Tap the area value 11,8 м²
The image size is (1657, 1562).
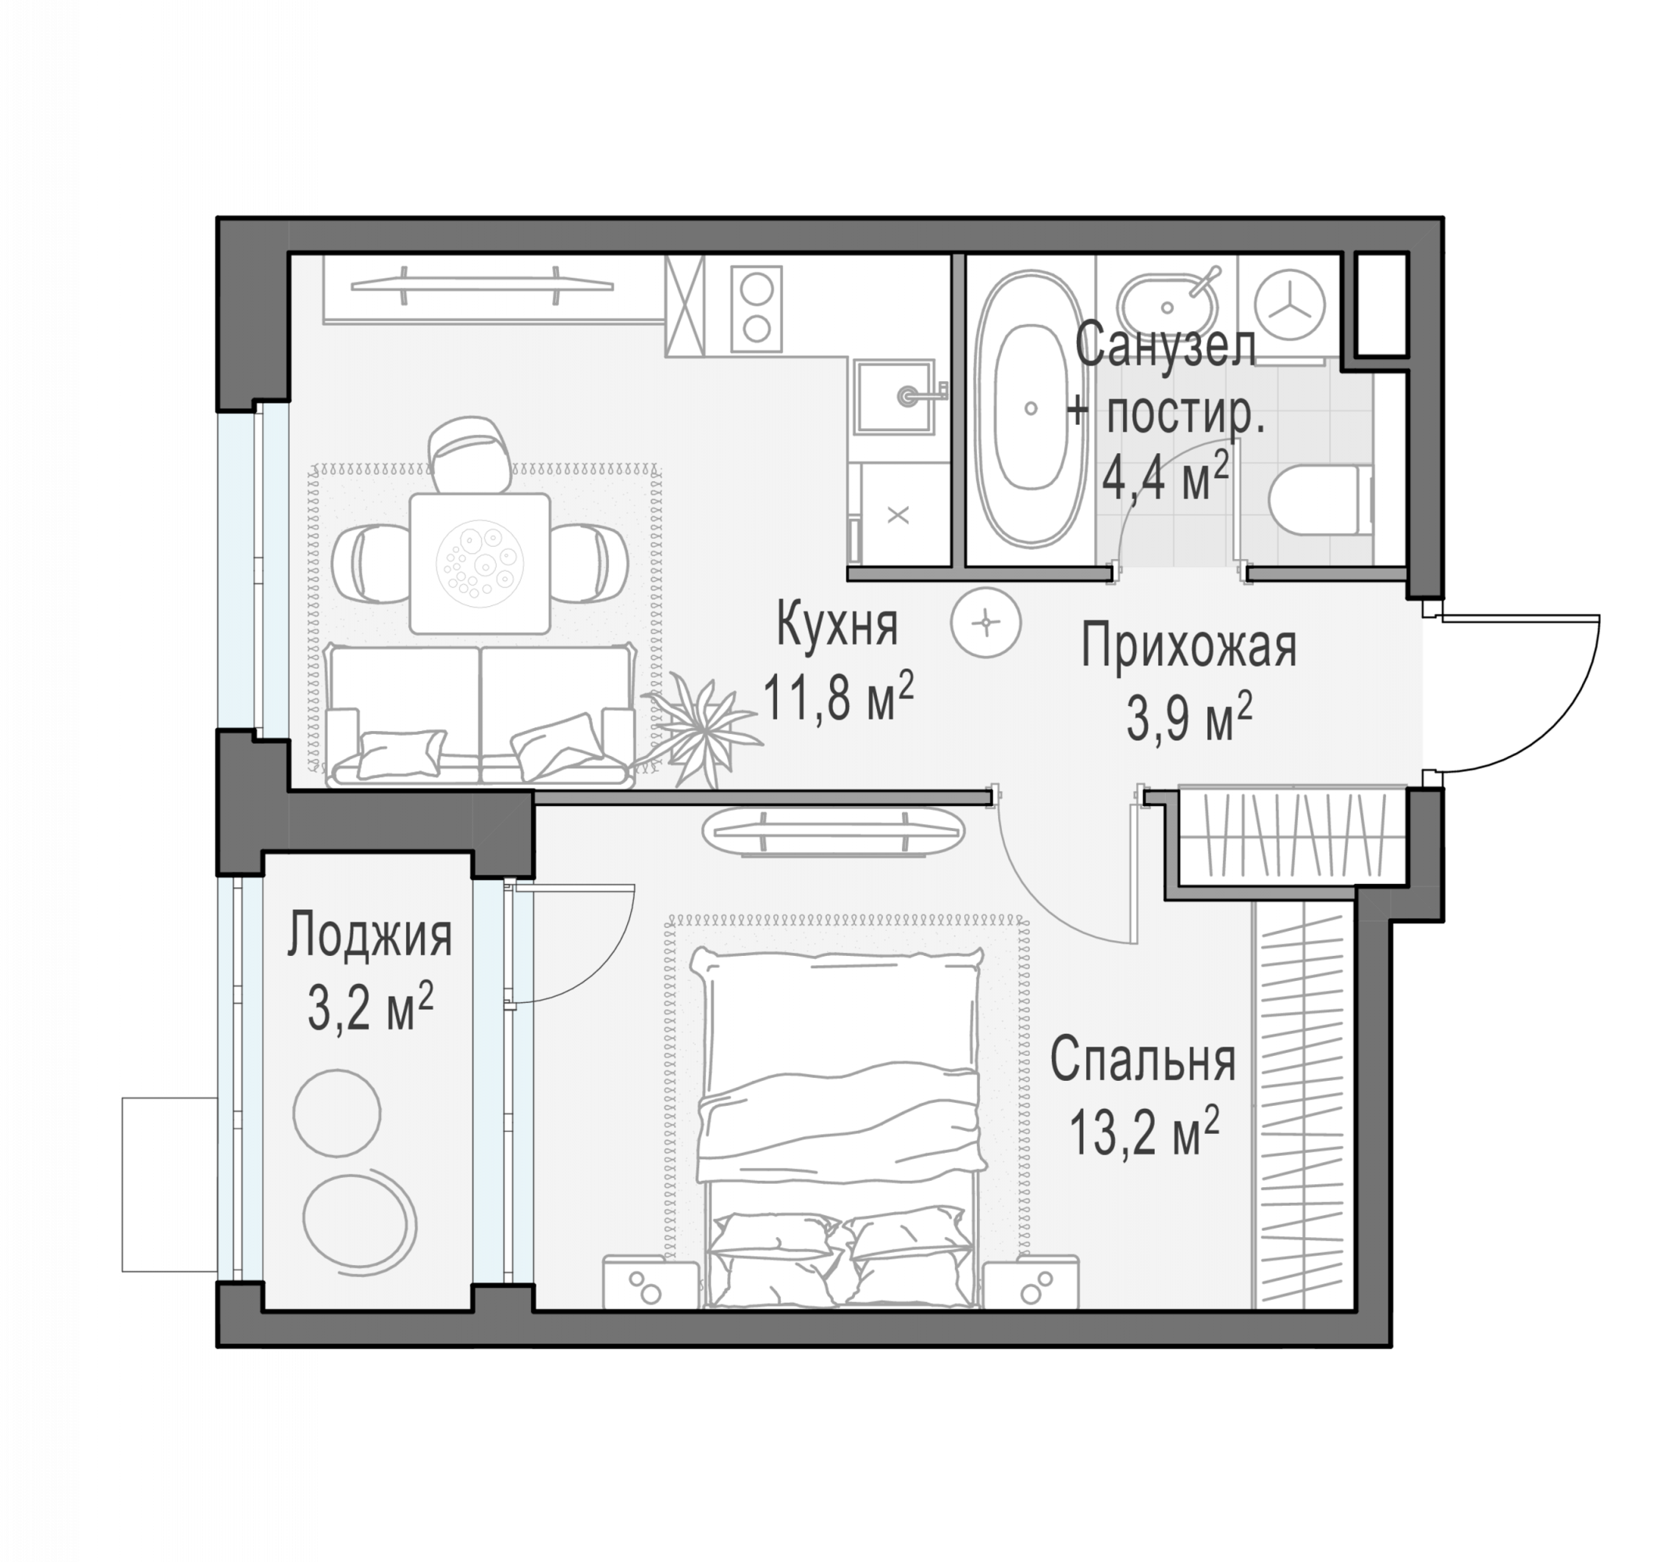point(839,697)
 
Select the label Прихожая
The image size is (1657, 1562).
point(1188,647)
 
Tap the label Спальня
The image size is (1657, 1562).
point(1142,1061)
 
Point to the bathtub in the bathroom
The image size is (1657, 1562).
point(1031,408)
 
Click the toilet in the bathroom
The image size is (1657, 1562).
point(1320,501)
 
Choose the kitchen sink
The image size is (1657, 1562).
point(893,396)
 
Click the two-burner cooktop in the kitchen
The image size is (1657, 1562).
point(757,308)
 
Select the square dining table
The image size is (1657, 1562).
point(480,562)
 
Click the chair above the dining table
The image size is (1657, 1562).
point(470,455)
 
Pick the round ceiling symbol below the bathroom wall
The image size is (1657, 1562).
point(987,622)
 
